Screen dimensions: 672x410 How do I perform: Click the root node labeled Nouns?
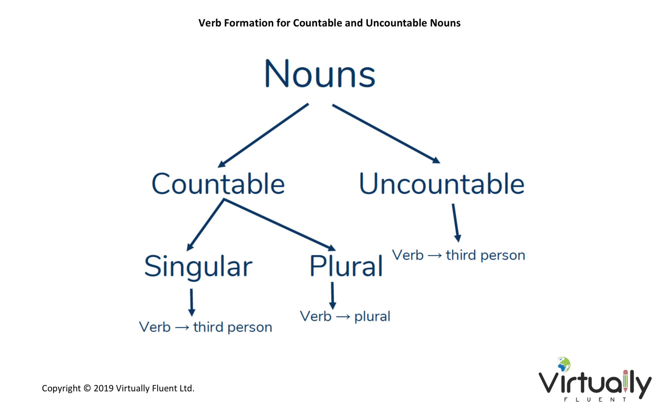click(x=320, y=73)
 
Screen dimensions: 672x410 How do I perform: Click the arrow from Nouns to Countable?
click(x=263, y=135)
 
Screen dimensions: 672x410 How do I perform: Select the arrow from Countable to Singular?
click(x=205, y=225)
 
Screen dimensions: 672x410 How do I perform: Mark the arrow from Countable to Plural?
click(x=280, y=225)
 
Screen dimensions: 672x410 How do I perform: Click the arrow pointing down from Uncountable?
click(x=455, y=223)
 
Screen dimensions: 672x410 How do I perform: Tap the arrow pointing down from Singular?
click(x=191, y=302)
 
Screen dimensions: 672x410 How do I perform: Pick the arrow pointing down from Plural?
click(x=332, y=296)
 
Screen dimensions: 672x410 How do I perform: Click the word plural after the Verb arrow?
click(x=372, y=317)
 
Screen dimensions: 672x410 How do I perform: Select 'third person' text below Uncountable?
click(x=485, y=256)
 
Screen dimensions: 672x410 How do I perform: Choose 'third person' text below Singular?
click(x=233, y=328)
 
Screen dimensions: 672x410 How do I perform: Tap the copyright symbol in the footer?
click(x=87, y=388)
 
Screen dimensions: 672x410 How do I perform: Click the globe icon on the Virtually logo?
click(x=564, y=365)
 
